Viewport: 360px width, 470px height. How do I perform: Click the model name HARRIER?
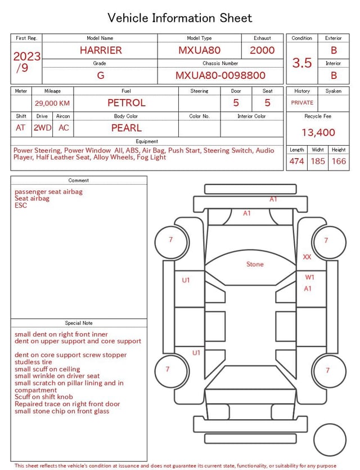click(x=100, y=50)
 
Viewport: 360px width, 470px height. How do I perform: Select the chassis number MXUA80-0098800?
click(x=220, y=75)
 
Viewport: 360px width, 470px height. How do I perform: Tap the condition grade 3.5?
click(x=302, y=62)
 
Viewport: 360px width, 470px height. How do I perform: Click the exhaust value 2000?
click(x=262, y=50)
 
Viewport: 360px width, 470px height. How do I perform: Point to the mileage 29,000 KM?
click(x=52, y=103)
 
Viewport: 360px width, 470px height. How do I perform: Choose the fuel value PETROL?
click(x=126, y=103)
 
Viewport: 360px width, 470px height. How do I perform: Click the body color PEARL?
click(x=126, y=128)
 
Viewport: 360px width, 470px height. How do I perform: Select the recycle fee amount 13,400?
click(x=318, y=132)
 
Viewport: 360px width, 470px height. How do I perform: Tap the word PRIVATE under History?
click(x=302, y=103)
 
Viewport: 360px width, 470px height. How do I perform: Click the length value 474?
click(x=296, y=162)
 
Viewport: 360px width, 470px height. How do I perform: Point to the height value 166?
click(x=339, y=162)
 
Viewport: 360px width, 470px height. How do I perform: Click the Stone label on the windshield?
click(x=255, y=264)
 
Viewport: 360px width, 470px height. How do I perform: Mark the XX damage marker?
click(x=307, y=257)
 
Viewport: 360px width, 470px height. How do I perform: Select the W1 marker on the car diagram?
click(x=309, y=277)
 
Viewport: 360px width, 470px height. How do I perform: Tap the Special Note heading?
click(x=79, y=323)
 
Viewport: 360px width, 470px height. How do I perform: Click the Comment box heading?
click(x=79, y=181)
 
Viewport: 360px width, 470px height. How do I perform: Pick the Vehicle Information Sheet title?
click(x=180, y=18)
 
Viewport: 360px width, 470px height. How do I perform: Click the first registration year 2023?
click(x=26, y=56)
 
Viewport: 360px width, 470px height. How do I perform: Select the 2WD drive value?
click(x=42, y=128)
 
